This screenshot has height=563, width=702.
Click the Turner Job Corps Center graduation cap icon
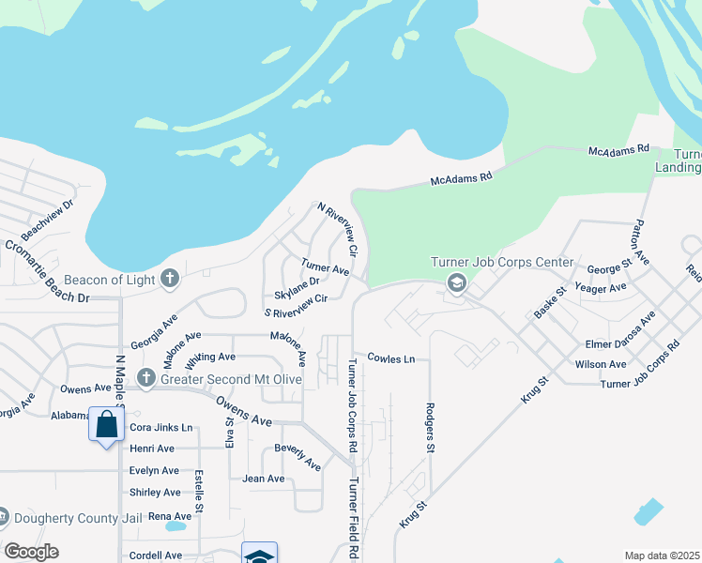pyautogui.click(x=457, y=282)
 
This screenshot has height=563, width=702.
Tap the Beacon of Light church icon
pyautogui.click(x=170, y=279)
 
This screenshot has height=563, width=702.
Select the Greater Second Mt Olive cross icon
pyautogui.click(x=146, y=378)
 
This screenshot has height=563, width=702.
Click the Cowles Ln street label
pyautogui.click(x=391, y=358)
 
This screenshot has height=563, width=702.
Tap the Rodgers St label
pyautogui.click(x=430, y=428)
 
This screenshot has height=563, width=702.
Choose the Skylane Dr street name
pyautogui.click(x=298, y=281)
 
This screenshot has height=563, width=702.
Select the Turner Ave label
pyautogui.click(x=325, y=267)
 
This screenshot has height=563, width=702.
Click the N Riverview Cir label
pyautogui.click(x=338, y=228)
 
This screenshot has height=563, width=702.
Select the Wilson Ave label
pyautogui.click(x=601, y=364)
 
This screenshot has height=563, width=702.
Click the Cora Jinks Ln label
pyautogui.click(x=160, y=428)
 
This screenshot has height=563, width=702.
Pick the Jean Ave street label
pyautogui.click(x=264, y=479)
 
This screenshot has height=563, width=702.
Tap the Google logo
pyautogui.click(x=31, y=552)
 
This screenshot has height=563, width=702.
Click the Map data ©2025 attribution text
pyautogui.click(x=663, y=555)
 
